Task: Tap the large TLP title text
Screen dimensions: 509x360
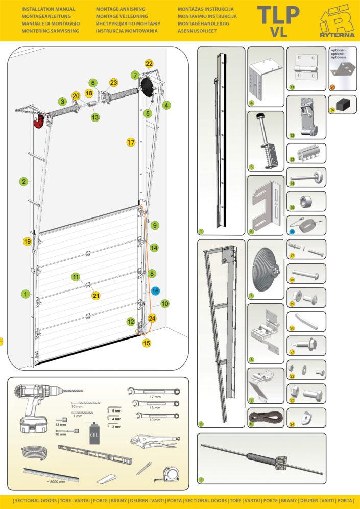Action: coord(278,15)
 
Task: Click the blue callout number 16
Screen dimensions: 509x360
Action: coord(155,290)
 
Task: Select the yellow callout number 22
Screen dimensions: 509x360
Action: coord(149,64)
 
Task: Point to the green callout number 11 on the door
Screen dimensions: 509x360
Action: coord(76,277)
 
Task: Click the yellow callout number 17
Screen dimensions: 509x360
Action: coord(131,142)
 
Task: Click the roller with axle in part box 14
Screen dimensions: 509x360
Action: coord(306,176)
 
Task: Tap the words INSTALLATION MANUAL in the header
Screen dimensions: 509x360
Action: coord(49,9)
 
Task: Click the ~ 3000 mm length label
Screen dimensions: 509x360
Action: coord(55,481)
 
